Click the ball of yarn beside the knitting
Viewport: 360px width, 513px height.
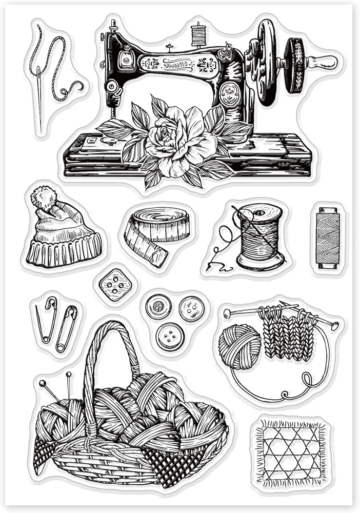pyautogui.click(x=239, y=346)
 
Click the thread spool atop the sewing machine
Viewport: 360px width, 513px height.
pyautogui.click(x=198, y=34)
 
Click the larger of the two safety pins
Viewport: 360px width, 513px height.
pyautogui.click(x=67, y=328)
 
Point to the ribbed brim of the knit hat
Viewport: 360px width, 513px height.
pyautogui.click(x=63, y=251)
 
